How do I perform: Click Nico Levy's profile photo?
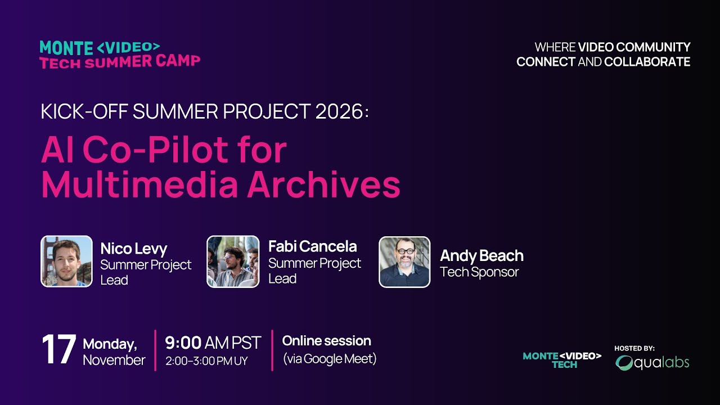(66, 262)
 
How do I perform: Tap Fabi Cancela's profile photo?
(233, 262)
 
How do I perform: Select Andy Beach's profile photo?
(404, 262)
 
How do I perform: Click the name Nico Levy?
(134, 249)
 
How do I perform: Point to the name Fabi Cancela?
(312, 246)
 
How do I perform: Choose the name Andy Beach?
(481, 256)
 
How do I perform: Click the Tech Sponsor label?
(479, 272)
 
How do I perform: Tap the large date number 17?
(58, 350)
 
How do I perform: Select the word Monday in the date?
(110, 344)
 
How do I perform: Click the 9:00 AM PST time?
(213, 343)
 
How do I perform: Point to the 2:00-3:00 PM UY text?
(206, 361)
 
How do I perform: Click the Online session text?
(326, 341)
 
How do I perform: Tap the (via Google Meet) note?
(329, 358)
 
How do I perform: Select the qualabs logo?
(652, 363)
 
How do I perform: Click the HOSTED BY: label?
(634, 348)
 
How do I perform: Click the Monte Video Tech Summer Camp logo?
(119, 55)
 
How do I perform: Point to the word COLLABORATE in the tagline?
(647, 62)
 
